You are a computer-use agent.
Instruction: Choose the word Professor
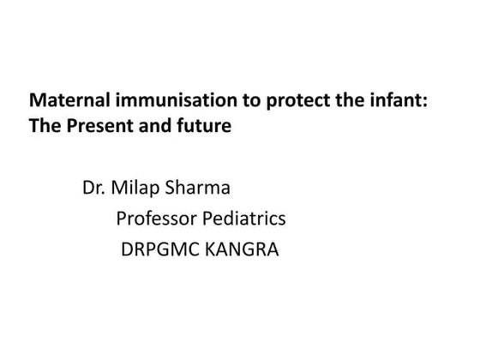pos(153,219)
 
